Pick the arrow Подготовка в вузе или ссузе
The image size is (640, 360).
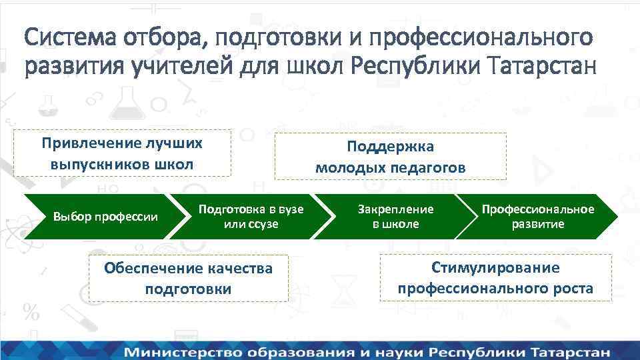(x=250, y=217)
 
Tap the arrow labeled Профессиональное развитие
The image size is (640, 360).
(x=537, y=217)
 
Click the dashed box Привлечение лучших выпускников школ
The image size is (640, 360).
(x=122, y=153)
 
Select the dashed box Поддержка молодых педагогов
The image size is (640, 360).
(x=391, y=156)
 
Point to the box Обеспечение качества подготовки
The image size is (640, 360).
(x=188, y=278)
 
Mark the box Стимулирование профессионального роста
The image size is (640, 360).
(x=495, y=277)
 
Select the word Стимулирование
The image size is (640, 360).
(x=495, y=267)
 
